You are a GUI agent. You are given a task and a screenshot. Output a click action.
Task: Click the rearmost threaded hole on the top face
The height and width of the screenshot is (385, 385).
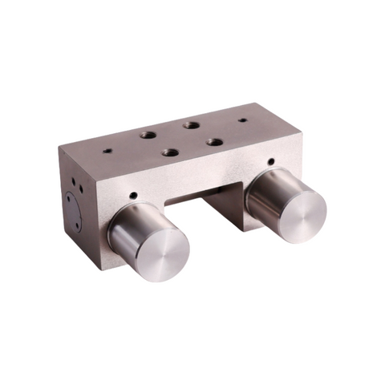tap(190, 124)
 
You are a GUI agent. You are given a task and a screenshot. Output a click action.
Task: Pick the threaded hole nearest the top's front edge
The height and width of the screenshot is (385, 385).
tap(169, 152)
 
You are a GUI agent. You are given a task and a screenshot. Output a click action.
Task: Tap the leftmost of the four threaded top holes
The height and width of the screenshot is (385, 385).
tap(148, 135)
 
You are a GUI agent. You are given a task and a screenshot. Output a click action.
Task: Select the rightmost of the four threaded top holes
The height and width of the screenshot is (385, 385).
tap(214, 141)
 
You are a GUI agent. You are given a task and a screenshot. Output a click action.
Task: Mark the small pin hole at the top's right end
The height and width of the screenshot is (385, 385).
tap(242, 120)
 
